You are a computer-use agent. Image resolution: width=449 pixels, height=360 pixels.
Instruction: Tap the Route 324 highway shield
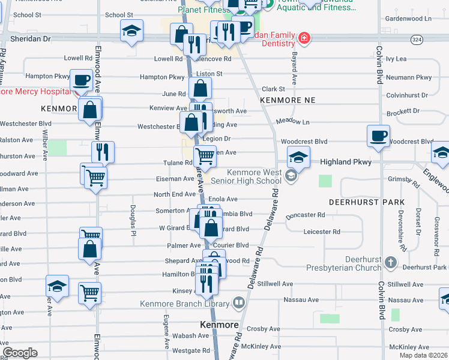pyautogui.click(x=417, y=39)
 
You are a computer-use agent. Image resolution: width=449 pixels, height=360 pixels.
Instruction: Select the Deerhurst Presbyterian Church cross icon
pyautogui.click(x=391, y=262)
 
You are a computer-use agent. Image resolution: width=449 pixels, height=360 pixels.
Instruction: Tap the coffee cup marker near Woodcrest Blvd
pyautogui.click(x=379, y=136)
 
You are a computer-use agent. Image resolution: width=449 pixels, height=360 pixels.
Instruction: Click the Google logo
pyautogui.click(x=20, y=352)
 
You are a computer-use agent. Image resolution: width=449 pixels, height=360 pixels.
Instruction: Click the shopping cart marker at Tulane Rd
pyautogui.click(x=205, y=157)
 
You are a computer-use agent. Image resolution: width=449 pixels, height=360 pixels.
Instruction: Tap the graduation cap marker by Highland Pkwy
pyautogui.click(x=298, y=157)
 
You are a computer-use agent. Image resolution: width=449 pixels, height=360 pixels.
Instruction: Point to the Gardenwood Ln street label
pyautogui.click(x=408, y=19)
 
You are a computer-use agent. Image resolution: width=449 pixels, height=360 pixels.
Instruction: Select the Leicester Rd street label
pyautogui.click(x=322, y=232)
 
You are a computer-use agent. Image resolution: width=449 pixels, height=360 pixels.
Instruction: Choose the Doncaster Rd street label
pyautogui.click(x=305, y=215)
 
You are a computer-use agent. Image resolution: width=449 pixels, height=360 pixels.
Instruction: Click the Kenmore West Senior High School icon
pyautogui.click(x=291, y=176)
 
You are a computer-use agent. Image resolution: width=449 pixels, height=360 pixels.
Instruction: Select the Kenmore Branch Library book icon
pyautogui.click(x=238, y=303)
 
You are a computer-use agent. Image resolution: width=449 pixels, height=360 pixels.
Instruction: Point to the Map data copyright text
pyautogui.click(x=423, y=355)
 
